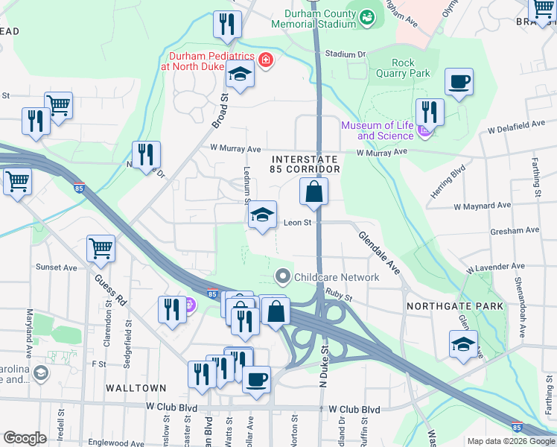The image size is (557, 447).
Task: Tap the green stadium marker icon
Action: (x=367, y=16)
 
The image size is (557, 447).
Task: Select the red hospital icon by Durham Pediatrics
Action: (x=266, y=60)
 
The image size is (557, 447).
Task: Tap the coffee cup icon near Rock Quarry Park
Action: (x=459, y=81)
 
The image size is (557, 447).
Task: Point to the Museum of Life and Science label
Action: (x=377, y=130)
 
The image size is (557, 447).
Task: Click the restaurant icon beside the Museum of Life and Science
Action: (x=430, y=112)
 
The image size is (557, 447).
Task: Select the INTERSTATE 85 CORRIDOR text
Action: (x=305, y=165)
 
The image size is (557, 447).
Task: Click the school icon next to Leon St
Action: (x=261, y=215)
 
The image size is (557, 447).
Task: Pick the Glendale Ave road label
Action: (x=379, y=251)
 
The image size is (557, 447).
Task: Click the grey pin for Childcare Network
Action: (x=283, y=277)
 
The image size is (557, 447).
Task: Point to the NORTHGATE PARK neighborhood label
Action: (x=454, y=306)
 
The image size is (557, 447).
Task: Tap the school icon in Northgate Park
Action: (x=463, y=343)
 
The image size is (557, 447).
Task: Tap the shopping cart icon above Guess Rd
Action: (x=101, y=249)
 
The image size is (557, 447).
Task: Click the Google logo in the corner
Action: (x=25, y=438)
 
